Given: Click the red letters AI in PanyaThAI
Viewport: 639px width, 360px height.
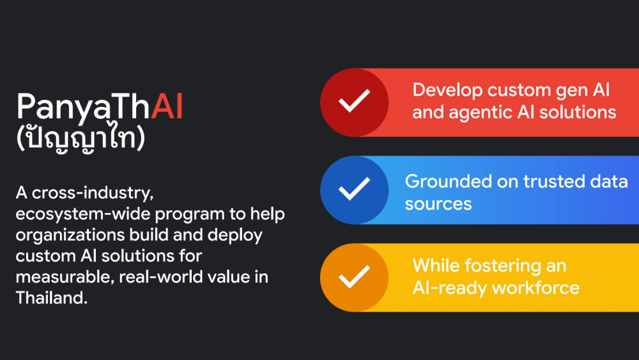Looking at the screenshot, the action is click(x=167, y=107).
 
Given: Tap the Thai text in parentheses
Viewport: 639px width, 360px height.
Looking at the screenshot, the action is click(x=81, y=138).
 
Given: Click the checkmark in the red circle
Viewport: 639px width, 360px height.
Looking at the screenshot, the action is click(x=354, y=100).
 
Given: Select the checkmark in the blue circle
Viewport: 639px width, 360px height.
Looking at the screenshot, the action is click(x=354, y=189).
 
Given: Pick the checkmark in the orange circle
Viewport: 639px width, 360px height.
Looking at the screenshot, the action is click(x=354, y=276).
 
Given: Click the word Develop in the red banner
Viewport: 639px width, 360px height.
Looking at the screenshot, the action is click(x=447, y=91).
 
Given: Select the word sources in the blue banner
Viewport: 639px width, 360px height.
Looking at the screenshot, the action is click(x=438, y=204).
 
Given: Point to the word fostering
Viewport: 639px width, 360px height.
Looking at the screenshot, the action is click(x=503, y=267).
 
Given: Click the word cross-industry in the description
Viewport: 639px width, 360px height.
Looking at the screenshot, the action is click(x=93, y=193).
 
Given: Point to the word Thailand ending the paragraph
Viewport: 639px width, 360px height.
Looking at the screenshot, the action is click(x=52, y=297).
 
